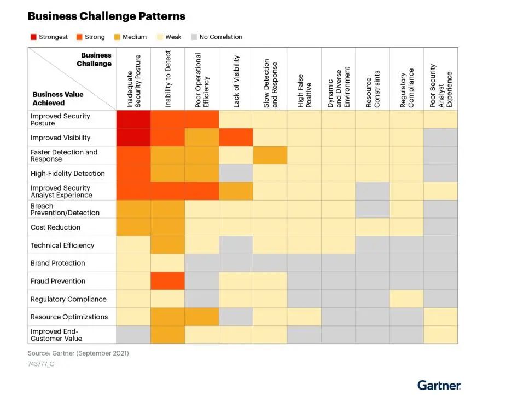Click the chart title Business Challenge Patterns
(107, 16)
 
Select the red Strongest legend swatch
(33, 37)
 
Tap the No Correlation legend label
(220, 37)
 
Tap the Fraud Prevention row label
(58, 281)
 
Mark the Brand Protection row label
(58, 263)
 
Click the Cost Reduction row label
(55, 227)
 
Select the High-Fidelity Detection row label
(67, 173)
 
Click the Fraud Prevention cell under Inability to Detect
(168, 281)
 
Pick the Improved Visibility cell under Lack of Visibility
(236, 138)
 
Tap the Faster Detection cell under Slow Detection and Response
(270, 155)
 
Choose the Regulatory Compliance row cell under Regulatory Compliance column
(407, 299)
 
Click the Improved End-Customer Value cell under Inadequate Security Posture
(133, 335)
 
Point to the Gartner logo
(439, 385)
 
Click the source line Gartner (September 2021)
(78, 353)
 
